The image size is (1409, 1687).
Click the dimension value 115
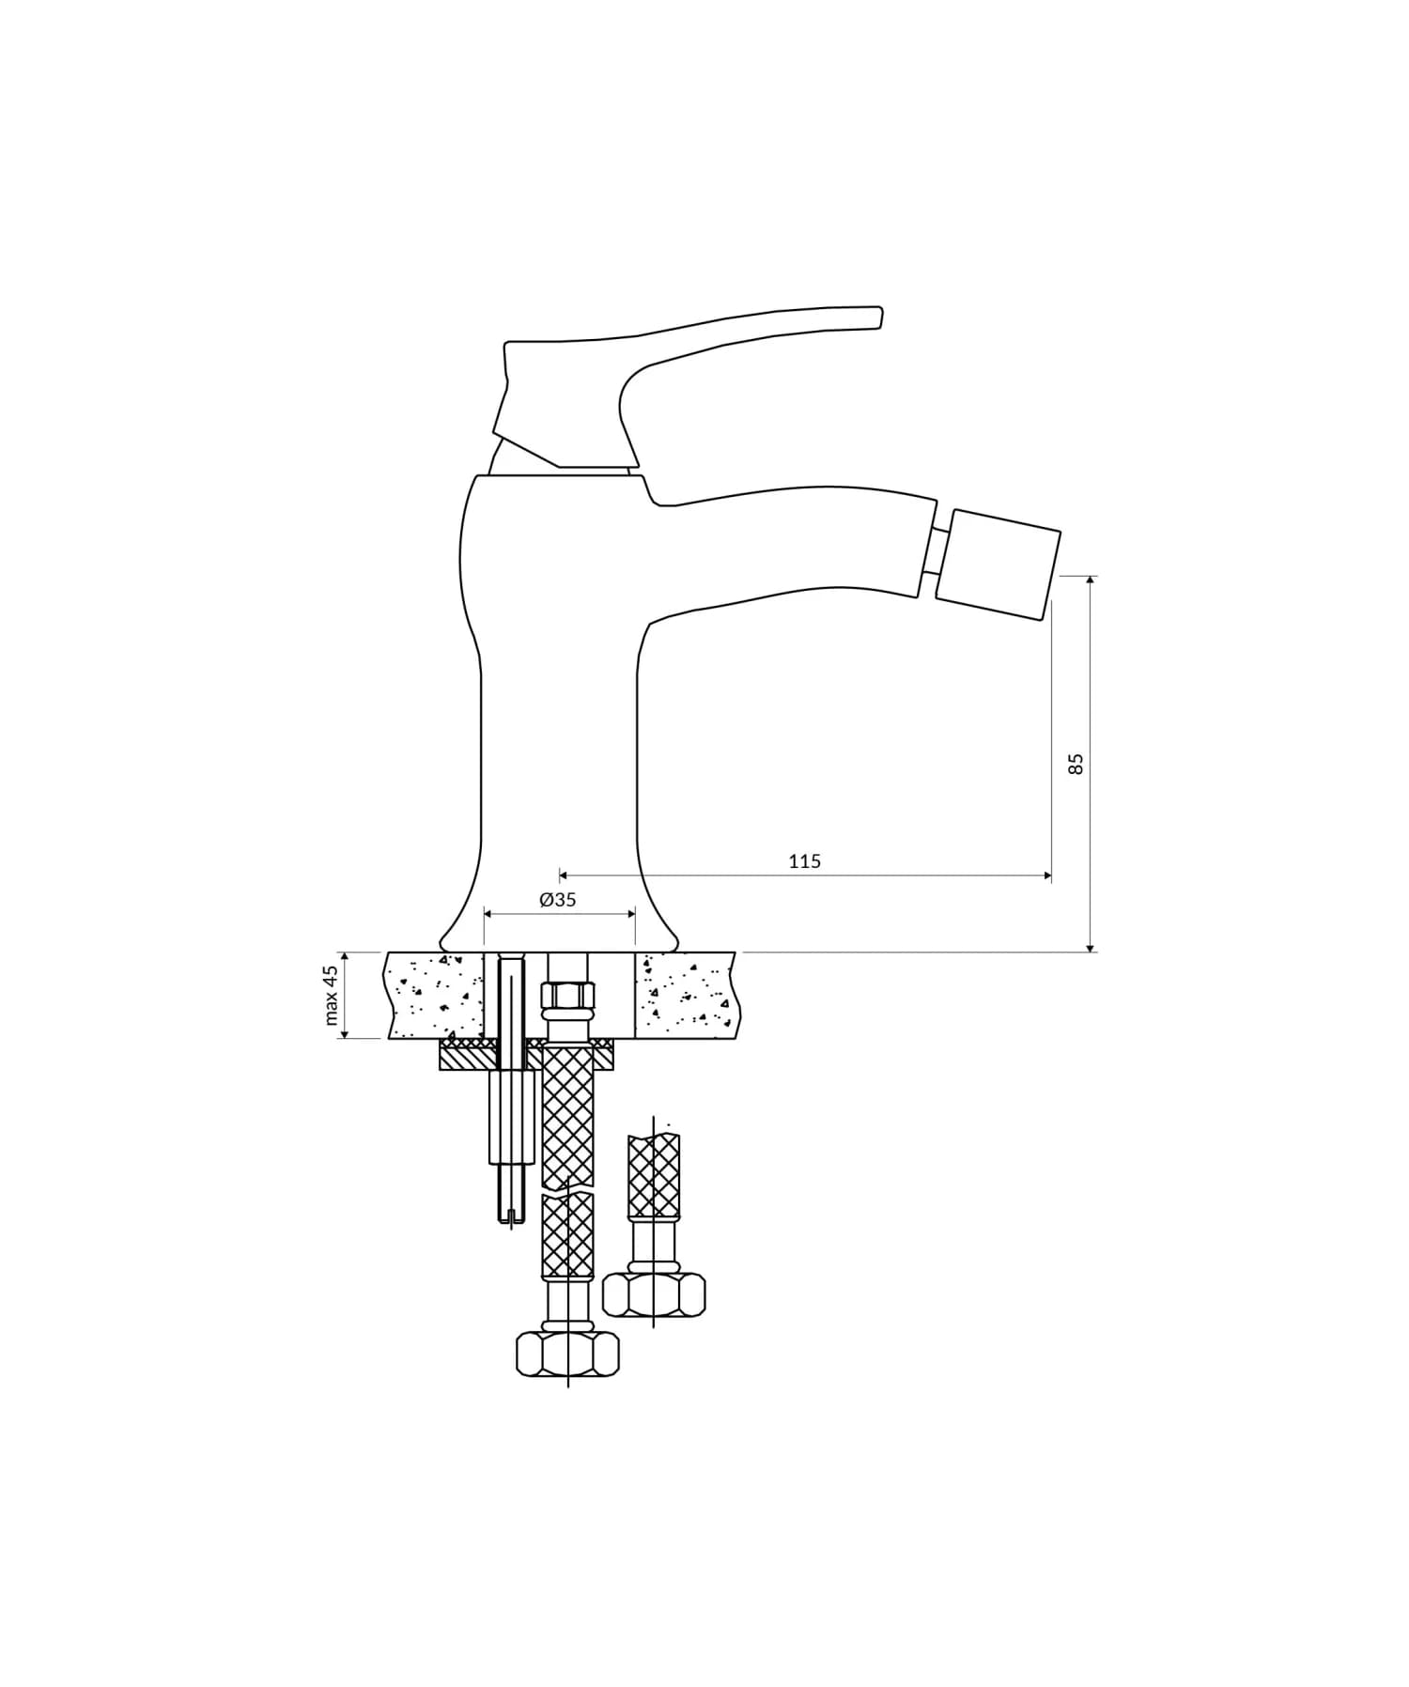804,860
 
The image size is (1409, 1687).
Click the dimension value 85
1076,763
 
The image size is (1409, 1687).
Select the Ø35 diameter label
557,900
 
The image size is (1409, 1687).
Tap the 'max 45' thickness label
331,995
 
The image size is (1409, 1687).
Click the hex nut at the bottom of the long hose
567,1354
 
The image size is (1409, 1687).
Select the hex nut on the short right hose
654,1294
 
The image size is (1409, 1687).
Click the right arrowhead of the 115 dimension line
1047,875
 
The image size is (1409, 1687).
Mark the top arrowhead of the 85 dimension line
1090,580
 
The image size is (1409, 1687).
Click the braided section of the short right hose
654,1174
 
